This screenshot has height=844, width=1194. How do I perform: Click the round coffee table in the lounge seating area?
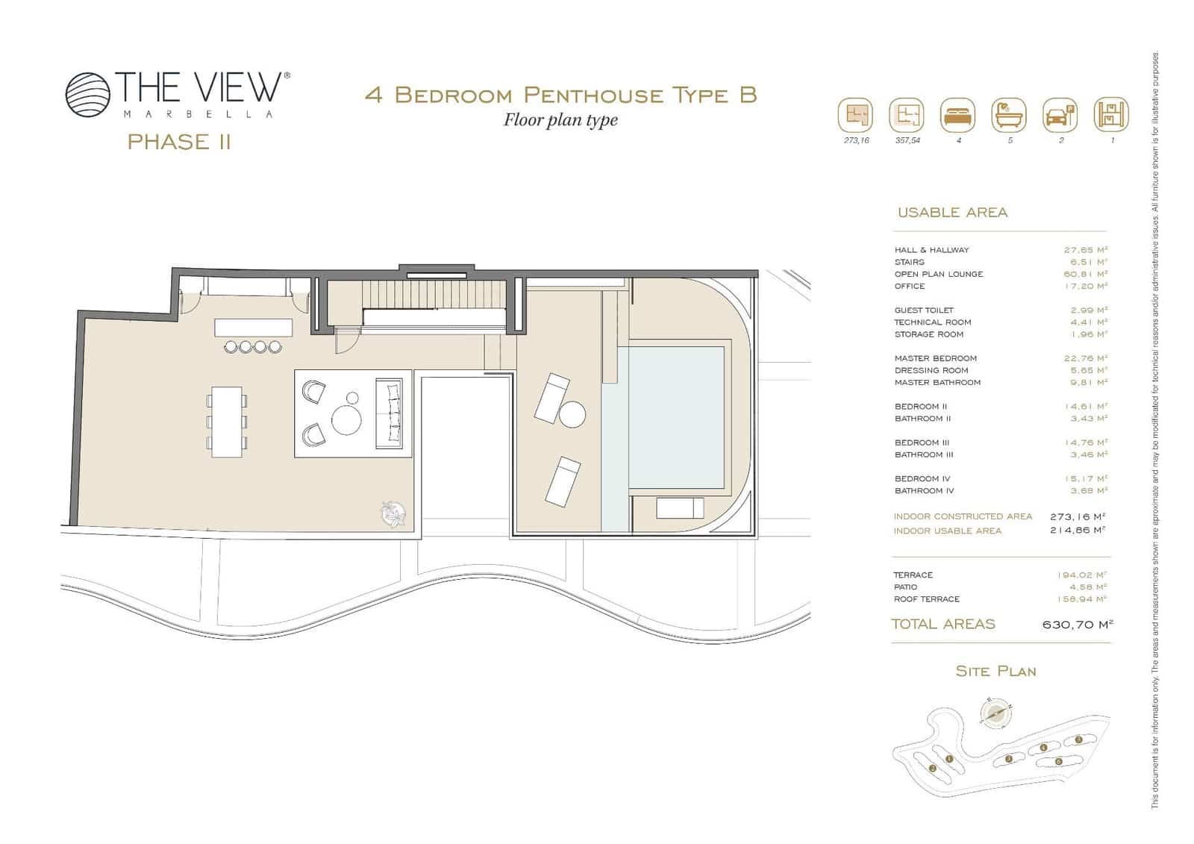pos(346,419)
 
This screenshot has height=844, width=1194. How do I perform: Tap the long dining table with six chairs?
pos(226,422)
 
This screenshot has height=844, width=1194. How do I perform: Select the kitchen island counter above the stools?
pos(254,328)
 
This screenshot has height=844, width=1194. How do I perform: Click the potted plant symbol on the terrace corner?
pos(393,513)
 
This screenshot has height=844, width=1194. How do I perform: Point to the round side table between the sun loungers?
pos(572,414)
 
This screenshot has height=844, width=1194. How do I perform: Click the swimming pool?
pos(675,416)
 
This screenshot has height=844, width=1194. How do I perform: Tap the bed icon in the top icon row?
pos(957,116)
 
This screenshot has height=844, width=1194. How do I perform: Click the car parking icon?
pos(1060,116)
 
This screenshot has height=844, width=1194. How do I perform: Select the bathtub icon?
pos(1009,116)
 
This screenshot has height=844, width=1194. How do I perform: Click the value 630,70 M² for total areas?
pos(1077,625)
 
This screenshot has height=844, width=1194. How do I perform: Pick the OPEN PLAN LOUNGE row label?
pos(938,274)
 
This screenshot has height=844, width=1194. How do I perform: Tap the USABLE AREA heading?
pos(952,213)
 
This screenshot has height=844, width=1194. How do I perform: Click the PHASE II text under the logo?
pos(179,142)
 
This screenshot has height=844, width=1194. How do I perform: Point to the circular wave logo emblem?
pos(87,95)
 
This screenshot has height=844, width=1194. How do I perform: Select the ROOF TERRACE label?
pos(926,599)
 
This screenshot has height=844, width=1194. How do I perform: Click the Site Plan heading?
pos(995,672)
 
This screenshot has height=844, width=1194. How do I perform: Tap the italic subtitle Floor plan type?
pos(560,120)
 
